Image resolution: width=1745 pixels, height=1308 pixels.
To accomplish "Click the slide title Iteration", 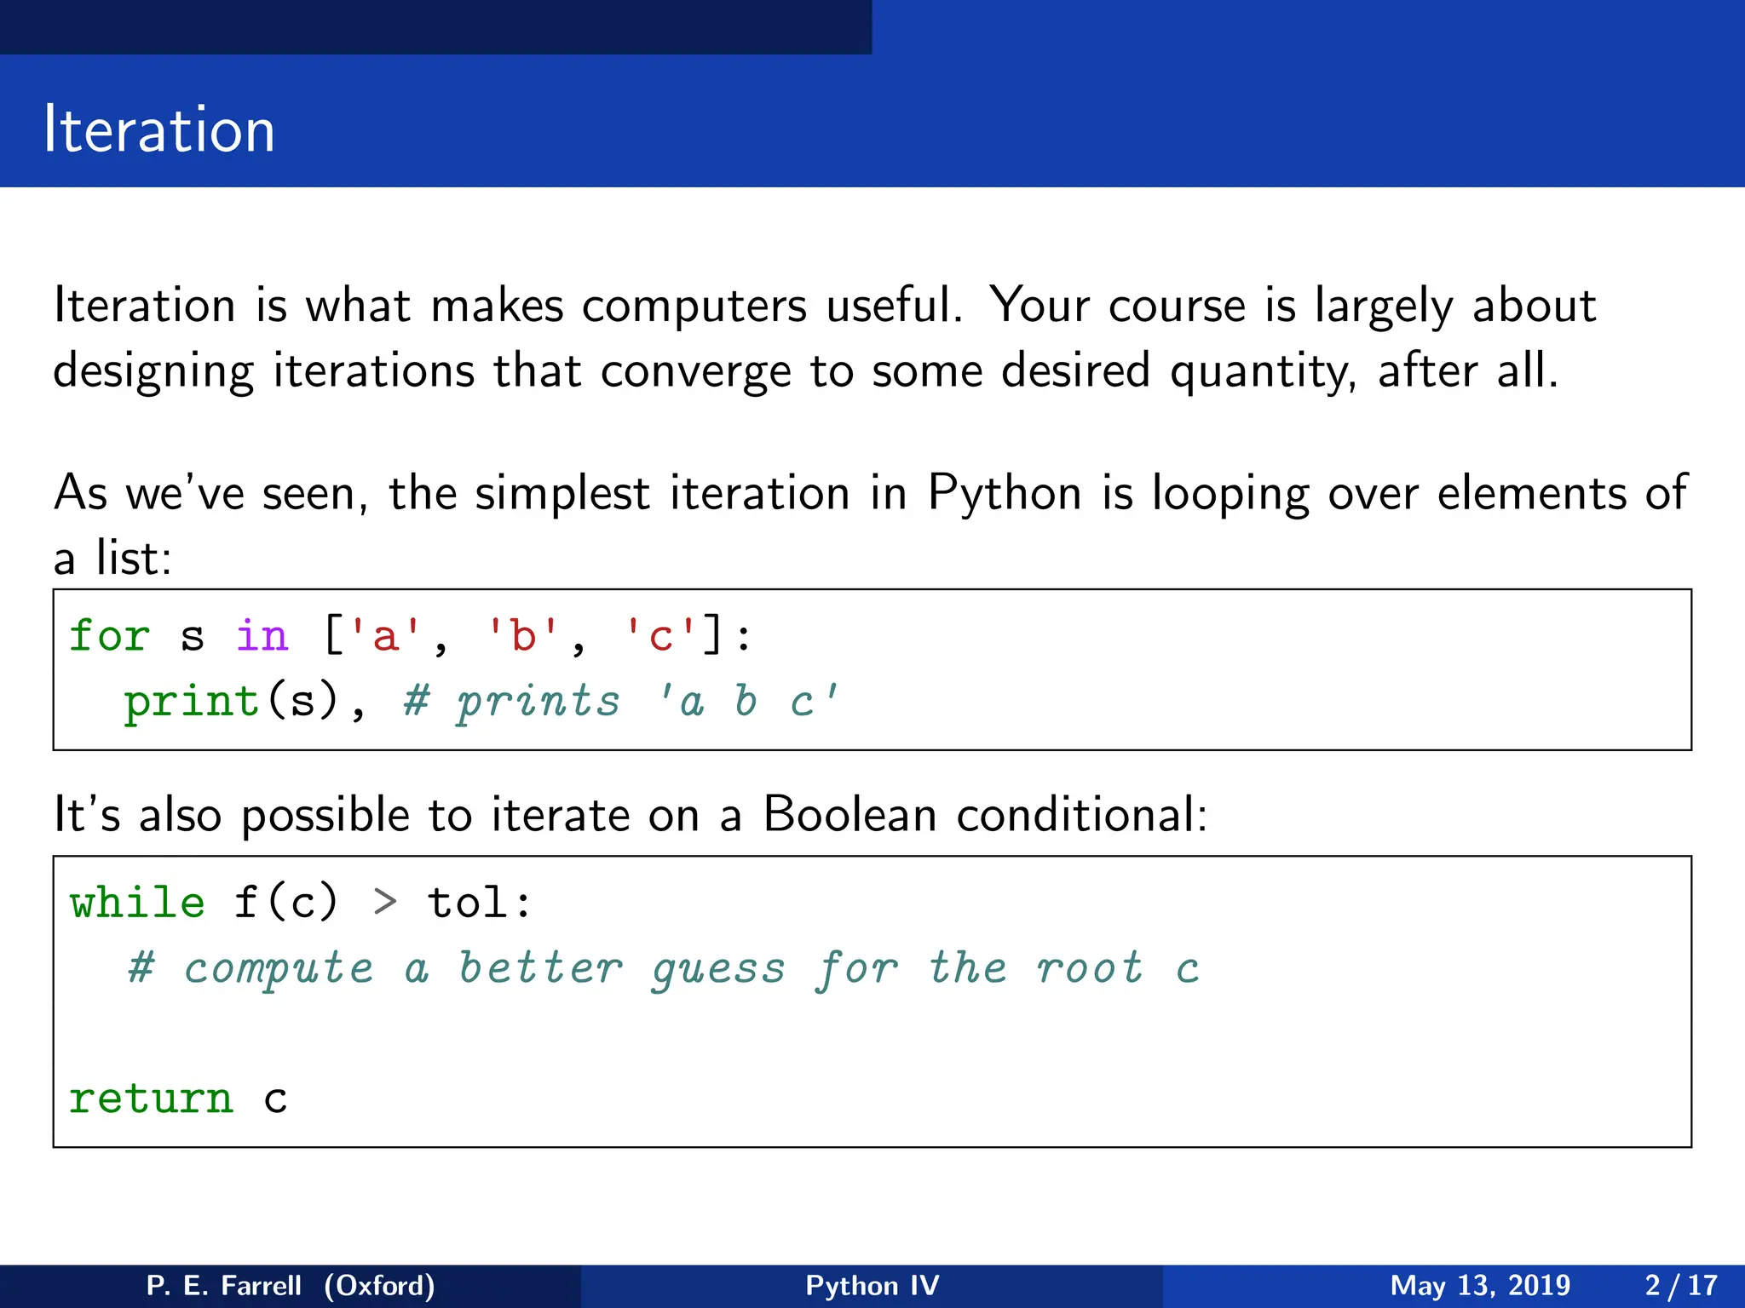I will click(159, 129).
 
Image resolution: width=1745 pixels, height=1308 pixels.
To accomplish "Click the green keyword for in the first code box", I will click(109, 636).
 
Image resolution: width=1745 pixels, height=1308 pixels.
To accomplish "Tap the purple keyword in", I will click(262, 636).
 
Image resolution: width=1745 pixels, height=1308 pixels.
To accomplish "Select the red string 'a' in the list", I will click(386, 636).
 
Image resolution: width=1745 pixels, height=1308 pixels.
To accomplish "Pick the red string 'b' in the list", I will click(523, 636).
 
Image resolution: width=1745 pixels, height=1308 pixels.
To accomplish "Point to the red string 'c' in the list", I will click(660, 636).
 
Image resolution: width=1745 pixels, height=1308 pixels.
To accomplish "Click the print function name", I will click(192, 703).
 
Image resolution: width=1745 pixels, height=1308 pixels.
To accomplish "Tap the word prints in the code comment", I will click(538, 703).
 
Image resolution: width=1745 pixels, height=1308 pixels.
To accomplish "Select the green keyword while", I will click(137, 903).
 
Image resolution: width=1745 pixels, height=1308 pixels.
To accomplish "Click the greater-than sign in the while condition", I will click(385, 903).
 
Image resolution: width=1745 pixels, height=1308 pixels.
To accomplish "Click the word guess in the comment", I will click(718, 969).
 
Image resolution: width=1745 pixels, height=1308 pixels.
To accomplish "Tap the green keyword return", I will click(151, 1099).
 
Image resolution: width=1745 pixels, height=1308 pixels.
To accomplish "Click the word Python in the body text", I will click(1004, 493).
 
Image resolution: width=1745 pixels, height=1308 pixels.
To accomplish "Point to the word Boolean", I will click(849, 815).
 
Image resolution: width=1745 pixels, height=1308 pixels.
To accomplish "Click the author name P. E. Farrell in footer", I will click(223, 1285).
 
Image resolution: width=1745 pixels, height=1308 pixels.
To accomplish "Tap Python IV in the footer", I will click(872, 1285).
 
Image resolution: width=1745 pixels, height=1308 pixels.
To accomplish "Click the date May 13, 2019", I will click(1479, 1285).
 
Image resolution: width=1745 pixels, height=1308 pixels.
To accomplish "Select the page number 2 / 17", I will click(1680, 1285).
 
